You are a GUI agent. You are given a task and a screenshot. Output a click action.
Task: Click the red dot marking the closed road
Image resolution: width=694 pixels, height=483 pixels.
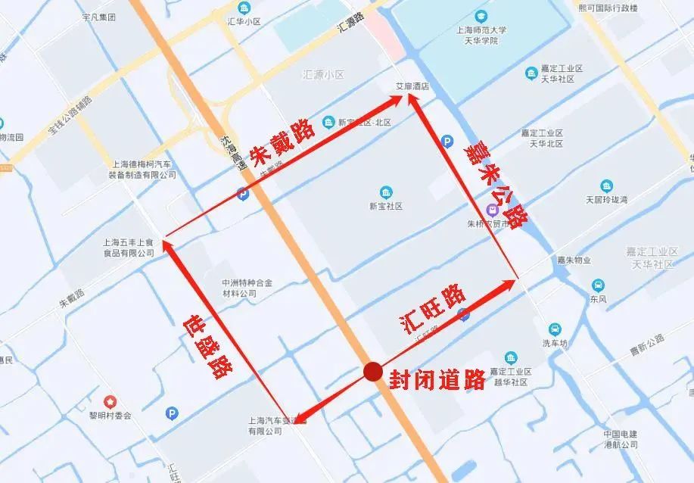click(x=372, y=371)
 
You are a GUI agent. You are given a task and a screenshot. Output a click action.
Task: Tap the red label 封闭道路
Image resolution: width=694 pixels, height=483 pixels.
click(x=437, y=379)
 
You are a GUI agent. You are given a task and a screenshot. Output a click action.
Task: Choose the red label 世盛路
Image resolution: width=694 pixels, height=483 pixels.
click(x=207, y=347)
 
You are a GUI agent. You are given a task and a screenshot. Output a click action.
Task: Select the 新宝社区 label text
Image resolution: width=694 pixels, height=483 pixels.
click(x=386, y=205)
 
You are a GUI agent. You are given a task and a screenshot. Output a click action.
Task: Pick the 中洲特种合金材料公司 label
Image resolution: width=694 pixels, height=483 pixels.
click(x=240, y=288)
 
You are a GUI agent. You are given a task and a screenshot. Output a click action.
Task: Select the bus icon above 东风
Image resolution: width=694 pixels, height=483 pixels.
click(x=598, y=285)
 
